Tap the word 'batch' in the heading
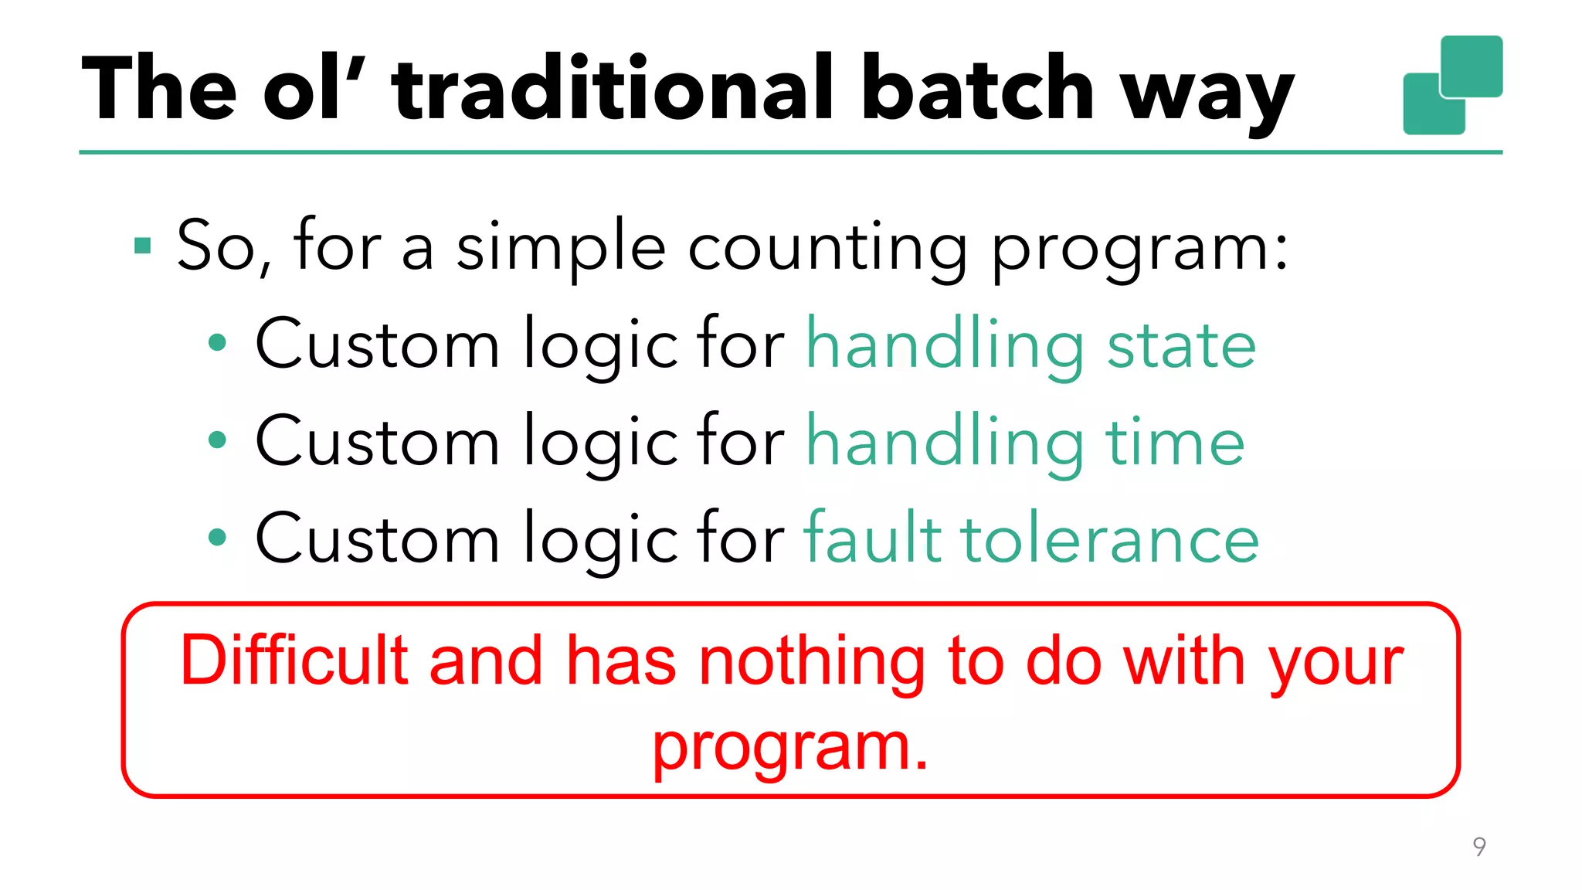click(977, 89)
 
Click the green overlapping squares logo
click(1452, 85)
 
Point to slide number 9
click(1479, 847)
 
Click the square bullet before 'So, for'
click(142, 246)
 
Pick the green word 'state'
click(1181, 346)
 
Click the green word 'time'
click(1175, 442)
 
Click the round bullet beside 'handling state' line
click(218, 343)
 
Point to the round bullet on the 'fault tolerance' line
click(218, 537)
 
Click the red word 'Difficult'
click(294, 661)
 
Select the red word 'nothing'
click(811, 662)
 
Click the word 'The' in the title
click(158, 89)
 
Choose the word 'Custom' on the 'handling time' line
click(377, 442)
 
